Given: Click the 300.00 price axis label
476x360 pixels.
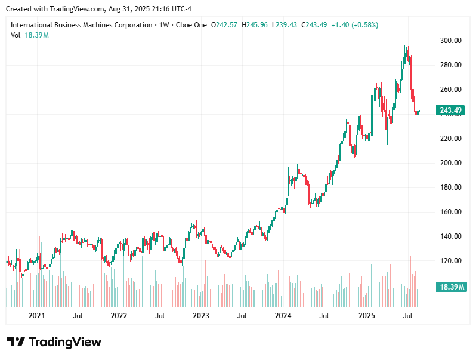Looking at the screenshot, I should [x=451, y=41].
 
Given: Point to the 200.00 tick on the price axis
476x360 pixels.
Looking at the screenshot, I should [x=451, y=163].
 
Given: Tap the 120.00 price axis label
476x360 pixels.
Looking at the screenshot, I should [x=451, y=261].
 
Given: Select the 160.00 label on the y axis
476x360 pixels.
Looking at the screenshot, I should [x=451, y=212].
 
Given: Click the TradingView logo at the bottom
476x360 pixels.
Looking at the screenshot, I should [x=54, y=342].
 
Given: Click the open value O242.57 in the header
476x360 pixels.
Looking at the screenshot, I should [x=224, y=25].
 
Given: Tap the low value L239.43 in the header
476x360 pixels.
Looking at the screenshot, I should [x=285, y=25].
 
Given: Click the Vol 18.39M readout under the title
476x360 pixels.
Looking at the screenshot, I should [x=30, y=35].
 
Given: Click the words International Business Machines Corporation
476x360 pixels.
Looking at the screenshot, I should [x=81, y=25].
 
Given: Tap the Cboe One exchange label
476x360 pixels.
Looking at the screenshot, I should [x=191, y=25].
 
